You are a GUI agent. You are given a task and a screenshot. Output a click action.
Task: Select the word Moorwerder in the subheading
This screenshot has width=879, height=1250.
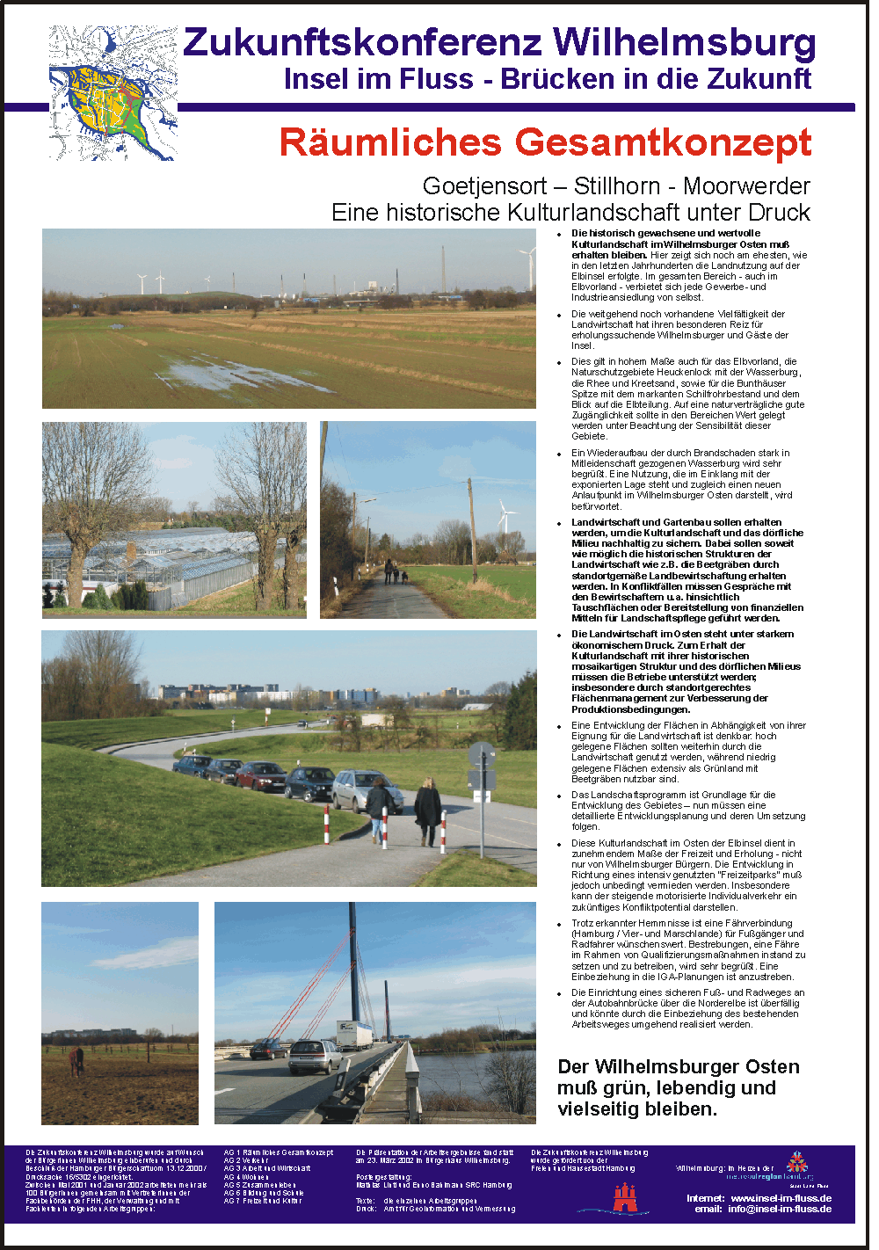[746, 186]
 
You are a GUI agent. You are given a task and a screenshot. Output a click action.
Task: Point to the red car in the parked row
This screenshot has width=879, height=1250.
[260, 775]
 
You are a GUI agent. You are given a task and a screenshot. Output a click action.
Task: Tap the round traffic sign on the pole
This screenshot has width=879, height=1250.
[481, 754]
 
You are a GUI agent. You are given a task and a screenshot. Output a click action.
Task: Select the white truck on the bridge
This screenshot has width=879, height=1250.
[354, 1034]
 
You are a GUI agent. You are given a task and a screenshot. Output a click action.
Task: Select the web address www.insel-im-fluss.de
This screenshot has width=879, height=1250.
[781, 1198]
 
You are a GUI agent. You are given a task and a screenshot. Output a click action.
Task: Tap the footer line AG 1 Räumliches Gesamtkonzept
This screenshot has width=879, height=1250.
[279, 1152]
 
